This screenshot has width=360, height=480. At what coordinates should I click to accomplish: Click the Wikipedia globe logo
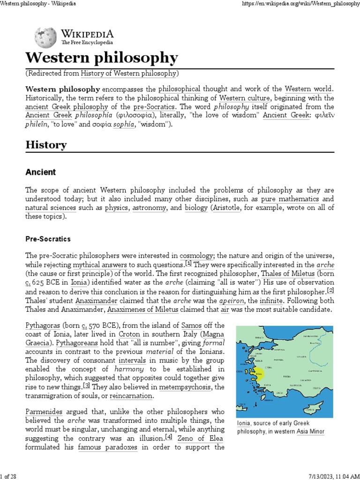click(x=45, y=36)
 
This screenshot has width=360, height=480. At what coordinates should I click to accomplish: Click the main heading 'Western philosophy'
click(x=101, y=58)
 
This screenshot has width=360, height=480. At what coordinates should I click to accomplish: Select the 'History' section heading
click(x=46, y=145)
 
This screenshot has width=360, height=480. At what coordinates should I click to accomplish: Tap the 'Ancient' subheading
click(x=40, y=172)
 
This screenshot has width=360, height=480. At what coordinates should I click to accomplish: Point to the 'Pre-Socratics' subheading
click(x=48, y=239)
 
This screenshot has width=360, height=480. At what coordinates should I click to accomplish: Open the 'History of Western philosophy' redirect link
click(x=129, y=73)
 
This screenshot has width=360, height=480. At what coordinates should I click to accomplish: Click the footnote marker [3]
click(x=87, y=386)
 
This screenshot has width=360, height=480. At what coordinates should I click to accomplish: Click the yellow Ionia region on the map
click(x=259, y=375)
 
